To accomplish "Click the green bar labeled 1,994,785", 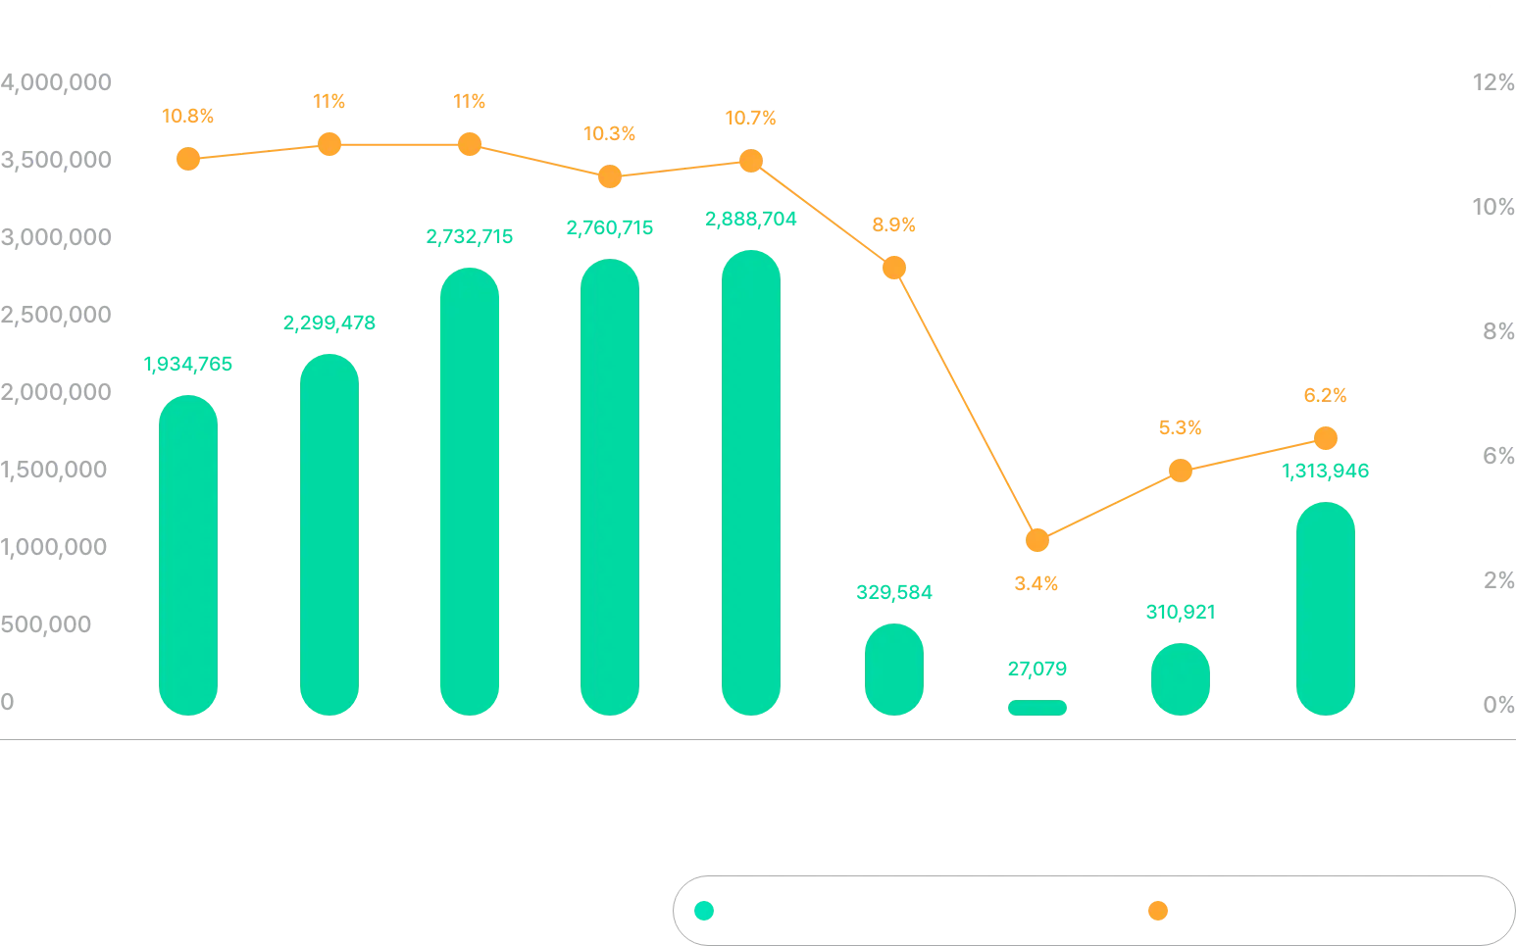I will point(187,555).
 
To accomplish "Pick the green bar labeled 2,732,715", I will point(470,491).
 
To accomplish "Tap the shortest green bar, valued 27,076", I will point(1036,708).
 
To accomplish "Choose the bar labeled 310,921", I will point(1180,679).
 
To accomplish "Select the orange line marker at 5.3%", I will point(1181,472).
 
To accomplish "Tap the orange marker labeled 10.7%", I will point(750,161).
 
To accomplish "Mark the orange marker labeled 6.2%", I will point(1325,437).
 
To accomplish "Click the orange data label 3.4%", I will point(1036,583).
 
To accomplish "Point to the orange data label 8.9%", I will point(893,224).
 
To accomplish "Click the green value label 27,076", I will point(1036,672).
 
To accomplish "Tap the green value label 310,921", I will point(1180,613).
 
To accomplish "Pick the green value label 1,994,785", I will point(188,365).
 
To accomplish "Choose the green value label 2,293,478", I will point(329,324).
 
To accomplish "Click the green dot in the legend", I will point(702,913).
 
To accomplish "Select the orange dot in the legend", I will point(1158,913).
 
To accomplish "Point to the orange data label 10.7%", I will point(750,118).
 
